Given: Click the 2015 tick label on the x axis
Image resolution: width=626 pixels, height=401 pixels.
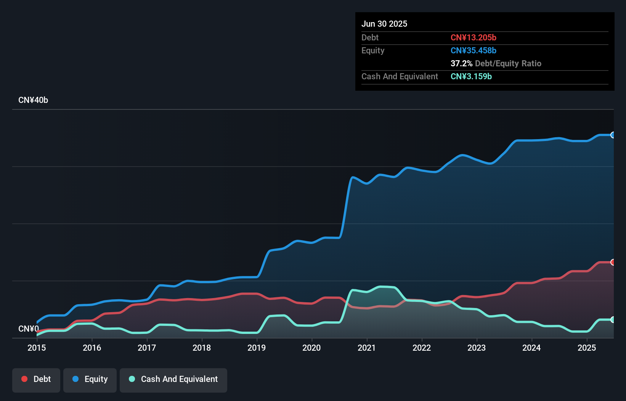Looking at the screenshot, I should tap(37, 348).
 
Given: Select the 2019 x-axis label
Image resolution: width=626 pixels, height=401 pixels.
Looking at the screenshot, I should tap(257, 348).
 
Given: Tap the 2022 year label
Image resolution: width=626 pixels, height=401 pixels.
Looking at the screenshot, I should tap(422, 348).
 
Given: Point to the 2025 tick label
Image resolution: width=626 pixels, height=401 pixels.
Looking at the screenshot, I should tap(587, 348).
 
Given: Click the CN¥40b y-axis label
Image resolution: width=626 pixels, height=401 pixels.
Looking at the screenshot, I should tap(33, 100).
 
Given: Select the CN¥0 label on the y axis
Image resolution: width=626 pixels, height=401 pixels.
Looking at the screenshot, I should tap(29, 329).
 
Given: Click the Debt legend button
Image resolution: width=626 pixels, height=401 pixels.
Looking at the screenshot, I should tap(36, 379).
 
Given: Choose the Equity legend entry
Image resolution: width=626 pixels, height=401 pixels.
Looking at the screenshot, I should tap(90, 379).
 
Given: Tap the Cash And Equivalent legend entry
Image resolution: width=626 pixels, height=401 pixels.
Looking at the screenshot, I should tap(173, 379).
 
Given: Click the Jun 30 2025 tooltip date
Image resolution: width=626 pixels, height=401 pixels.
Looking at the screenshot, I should tap(384, 24).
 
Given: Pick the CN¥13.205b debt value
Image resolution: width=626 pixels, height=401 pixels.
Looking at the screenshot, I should tap(473, 37).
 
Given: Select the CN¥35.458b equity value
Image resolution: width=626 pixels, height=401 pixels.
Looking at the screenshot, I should tap(473, 50).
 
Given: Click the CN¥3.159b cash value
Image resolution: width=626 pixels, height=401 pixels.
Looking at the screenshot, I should tap(471, 76).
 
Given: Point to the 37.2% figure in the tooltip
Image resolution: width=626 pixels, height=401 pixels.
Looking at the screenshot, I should tap(461, 63).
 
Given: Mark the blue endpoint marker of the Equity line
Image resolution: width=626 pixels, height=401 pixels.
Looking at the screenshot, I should tap(613, 135).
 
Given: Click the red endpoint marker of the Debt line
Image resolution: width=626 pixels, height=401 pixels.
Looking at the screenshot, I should tap(613, 262).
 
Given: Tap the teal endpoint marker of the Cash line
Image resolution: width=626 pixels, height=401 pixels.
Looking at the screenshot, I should tap(613, 320).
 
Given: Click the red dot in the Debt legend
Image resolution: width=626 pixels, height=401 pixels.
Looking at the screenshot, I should tap(24, 379).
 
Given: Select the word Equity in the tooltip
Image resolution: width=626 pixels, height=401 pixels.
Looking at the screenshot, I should tap(373, 50).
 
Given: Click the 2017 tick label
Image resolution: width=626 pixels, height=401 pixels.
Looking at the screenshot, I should tap(147, 348).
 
